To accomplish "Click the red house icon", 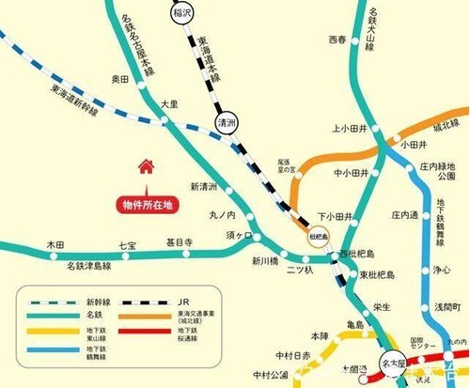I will (146, 167).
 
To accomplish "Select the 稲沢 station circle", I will (180, 13).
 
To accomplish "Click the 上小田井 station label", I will (349, 131).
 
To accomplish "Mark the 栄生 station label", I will (382, 306).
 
